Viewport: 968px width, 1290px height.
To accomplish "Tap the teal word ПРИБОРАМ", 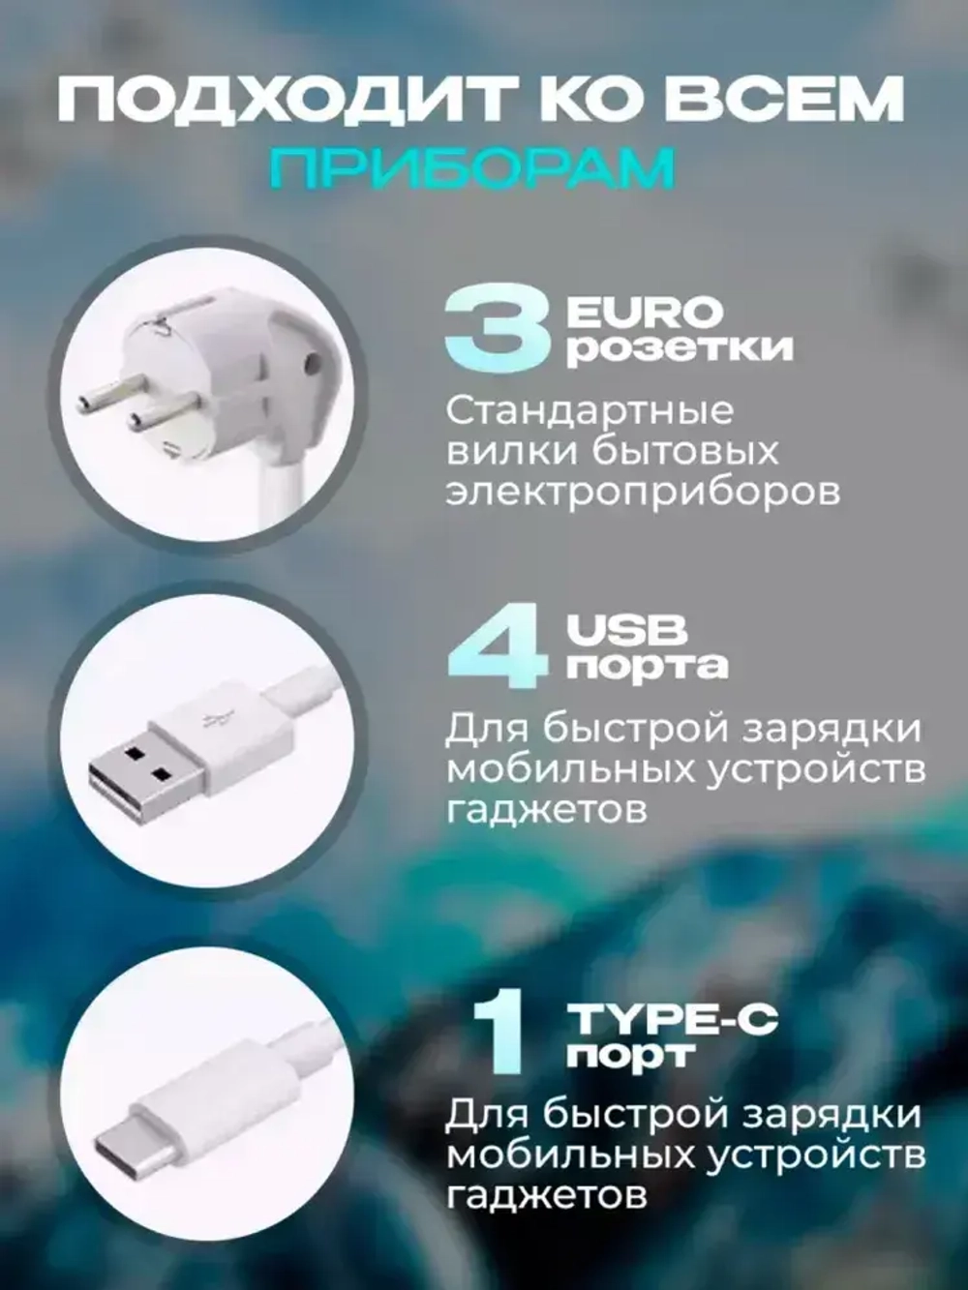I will coord(471,168).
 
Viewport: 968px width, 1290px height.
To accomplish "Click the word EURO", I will coord(645,312).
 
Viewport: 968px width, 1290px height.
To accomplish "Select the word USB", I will coord(627,631).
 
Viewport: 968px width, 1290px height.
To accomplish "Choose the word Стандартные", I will coord(590,411).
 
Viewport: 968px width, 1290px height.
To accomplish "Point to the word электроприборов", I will coord(642,492).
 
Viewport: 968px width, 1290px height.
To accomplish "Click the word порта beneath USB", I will coord(648,667).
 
